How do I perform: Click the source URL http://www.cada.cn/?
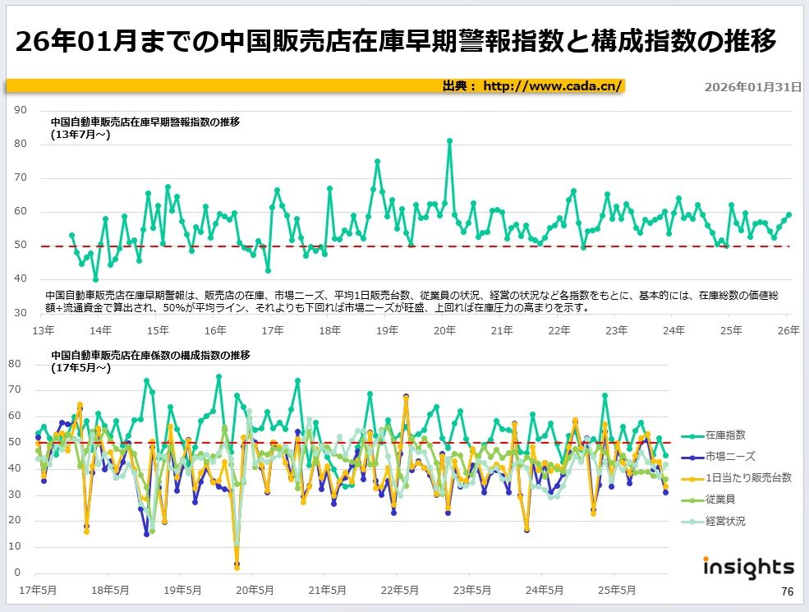tap(553, 86)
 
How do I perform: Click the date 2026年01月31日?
tap(753, 86)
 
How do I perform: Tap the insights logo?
tap(748, 568)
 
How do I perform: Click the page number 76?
tap(787, 592)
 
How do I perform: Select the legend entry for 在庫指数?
tap(725, 435)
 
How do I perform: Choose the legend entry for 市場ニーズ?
tap(729, 456)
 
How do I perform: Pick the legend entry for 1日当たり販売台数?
tap(748, 477)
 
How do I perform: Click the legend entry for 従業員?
tap(720, 499)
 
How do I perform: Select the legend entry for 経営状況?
tap(725, 521)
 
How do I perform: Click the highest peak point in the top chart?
tap(449, 140)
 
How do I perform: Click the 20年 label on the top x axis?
tap(444, 330)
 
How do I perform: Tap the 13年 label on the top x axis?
tap(43, 330)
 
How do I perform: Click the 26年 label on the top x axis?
tap(788, 330)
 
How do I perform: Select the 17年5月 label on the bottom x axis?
tap(38, 590)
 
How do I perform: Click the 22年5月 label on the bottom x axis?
tap(400, 590)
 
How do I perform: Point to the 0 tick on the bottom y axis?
tap(16, 573)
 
